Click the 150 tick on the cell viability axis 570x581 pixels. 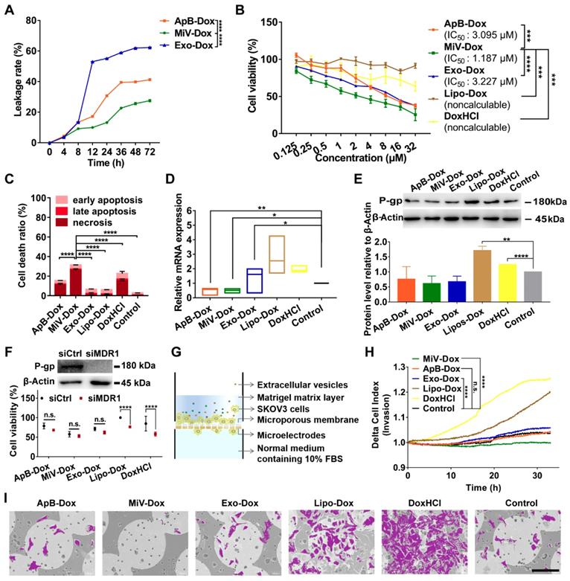click(x=282, y=21)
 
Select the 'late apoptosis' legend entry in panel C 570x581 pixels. click(x=93, y=213)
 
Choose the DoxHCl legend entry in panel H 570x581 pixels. click(x=435, y=399)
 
